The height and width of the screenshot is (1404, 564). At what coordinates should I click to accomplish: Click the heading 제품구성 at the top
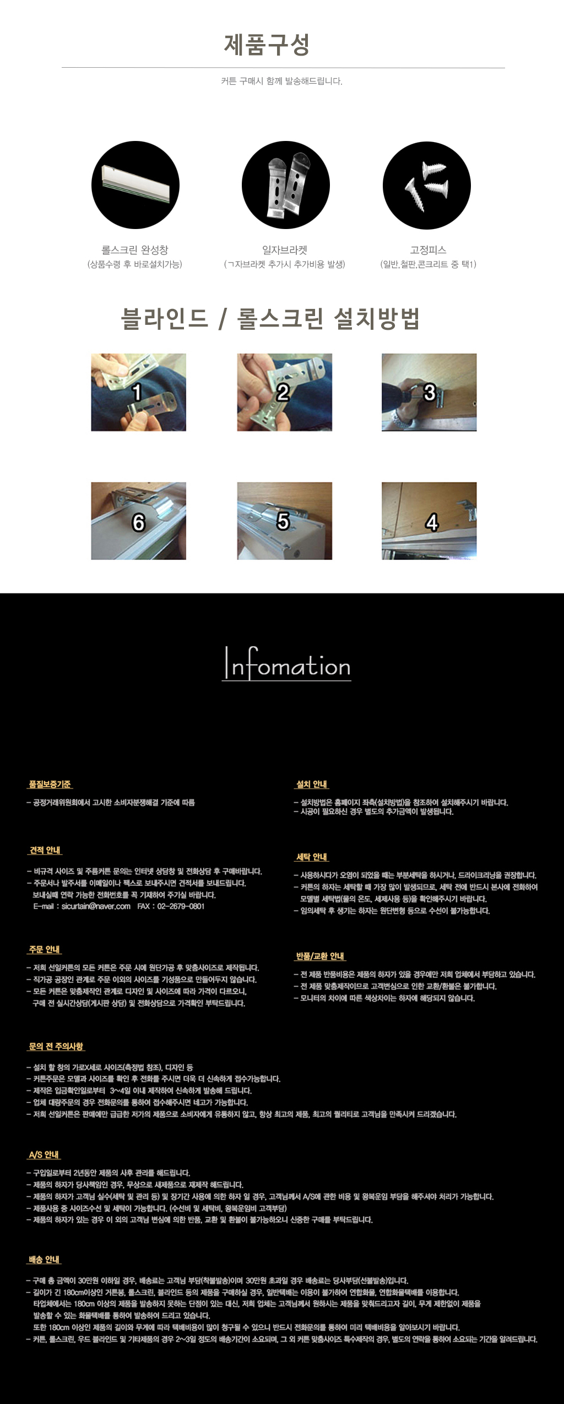267,45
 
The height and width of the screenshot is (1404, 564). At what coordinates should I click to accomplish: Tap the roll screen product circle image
135,185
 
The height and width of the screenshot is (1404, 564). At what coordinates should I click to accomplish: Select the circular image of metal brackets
285,185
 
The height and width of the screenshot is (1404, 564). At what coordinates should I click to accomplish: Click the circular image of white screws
427,186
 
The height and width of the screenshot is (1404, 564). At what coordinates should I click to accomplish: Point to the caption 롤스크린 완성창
135,250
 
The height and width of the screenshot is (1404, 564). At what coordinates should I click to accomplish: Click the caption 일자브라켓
285,250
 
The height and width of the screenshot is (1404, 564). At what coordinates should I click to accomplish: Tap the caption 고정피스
428,250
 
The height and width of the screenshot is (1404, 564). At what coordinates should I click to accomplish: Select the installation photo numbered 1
138,392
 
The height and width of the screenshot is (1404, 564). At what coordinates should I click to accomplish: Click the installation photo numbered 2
284,392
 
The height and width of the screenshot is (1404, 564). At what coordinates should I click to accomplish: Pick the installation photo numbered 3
429,392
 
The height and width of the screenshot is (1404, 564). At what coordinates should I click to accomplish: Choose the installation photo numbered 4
429,521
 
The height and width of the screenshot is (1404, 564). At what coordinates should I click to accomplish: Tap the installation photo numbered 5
284,521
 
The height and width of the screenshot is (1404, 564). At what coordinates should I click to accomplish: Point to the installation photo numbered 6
138,521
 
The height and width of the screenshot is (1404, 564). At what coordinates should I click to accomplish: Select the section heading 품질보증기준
50,784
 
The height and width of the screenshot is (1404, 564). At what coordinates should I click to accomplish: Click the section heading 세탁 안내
312,857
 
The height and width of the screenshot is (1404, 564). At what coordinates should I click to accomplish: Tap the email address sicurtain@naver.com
96,906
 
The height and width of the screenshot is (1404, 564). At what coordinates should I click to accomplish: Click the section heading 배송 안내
45,1259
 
